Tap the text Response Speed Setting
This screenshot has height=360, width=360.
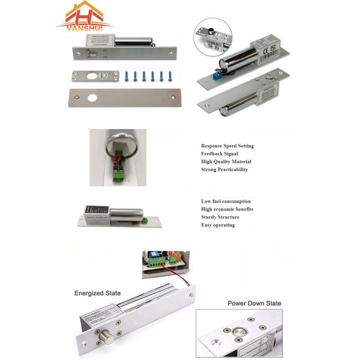[227, 146]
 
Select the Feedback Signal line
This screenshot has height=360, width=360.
[220, 154]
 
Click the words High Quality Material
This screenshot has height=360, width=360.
[226, 161]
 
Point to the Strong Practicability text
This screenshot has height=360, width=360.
[224, 169]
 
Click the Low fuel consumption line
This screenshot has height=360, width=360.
[226, 202]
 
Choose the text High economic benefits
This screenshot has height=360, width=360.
[227, 209]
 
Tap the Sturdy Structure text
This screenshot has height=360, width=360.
[220, 217]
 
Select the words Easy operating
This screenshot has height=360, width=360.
[218, 225]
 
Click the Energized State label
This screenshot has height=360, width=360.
[97, 293]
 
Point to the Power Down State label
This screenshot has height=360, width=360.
[254, 303]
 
